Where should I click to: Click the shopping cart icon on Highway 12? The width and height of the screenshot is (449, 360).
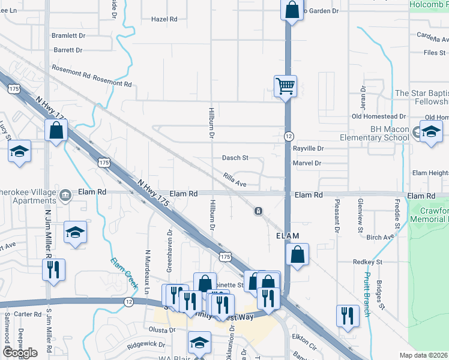pos(285,85)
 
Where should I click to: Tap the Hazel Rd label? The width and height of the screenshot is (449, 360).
pos(164,19)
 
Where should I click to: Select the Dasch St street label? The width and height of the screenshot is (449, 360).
pos(235,158)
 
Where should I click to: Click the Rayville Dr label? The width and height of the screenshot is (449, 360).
pos(309,148)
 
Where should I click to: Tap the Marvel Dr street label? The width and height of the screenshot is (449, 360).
pos(307,163)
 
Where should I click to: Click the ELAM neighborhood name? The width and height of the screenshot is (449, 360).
pos(288,236)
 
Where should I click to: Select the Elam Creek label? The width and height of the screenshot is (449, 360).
pos(124,271)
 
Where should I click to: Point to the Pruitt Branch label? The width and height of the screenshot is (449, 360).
pos(366,294)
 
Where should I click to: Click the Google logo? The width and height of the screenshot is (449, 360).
pos(20,353)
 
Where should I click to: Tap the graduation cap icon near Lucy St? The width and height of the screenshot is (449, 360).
pos(20,151)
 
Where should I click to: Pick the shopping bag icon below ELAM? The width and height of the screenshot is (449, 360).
pos(297,254)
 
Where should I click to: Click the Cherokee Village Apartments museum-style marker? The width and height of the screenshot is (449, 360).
pos(65,193)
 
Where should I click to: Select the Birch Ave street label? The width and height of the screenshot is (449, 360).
pos(380,237)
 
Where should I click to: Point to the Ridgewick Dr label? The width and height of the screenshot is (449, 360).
pos(145,344)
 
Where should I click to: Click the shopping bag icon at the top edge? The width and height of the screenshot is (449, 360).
pos(291,10)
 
